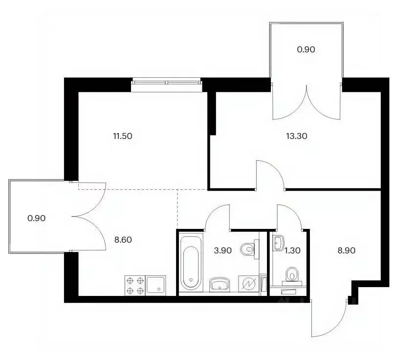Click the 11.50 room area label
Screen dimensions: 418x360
(123, 136)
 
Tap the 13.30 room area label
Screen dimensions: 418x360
(296, 136)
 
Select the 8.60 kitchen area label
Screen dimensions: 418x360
(123, 240)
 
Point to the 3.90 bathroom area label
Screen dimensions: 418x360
(222, 250)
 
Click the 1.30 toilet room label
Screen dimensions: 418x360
(292, 250)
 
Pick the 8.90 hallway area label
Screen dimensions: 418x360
(346, 250)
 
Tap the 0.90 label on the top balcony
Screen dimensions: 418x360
(306, 49)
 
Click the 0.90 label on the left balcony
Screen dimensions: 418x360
(36, 218)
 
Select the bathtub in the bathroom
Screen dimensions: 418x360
(191, 263)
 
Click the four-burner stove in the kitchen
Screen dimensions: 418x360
(135, 286)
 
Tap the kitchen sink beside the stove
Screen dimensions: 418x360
(155, 286)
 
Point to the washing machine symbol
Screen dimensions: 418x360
(249, 284)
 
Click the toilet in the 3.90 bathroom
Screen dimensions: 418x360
(249, 249)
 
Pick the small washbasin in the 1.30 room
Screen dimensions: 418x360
(279, 243)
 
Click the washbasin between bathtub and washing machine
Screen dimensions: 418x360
(220, 284)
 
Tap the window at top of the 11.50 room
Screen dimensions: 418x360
(167, 85)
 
